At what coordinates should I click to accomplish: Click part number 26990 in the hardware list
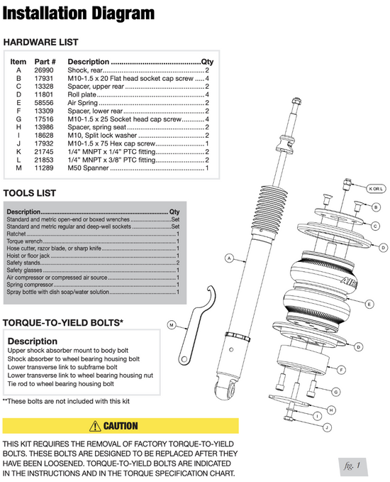coord(43,70)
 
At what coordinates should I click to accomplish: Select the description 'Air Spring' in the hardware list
coord(82,103)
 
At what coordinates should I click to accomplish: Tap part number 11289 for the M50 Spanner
coord(43,168)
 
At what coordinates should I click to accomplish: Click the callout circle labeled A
coord(230,258)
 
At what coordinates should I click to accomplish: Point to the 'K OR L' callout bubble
coord(376,188)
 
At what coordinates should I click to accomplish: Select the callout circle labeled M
coord(172,324)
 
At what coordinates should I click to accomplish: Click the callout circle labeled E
coord(369,304)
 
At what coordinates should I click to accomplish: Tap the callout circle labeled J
coord(328,427)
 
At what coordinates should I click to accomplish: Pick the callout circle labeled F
coord(342,370)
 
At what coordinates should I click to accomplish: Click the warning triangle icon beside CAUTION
coord(95,426)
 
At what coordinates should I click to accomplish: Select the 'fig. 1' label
coord(352,466)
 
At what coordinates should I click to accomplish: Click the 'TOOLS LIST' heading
coord(30,193)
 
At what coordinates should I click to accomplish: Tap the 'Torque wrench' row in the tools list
coord(93,241)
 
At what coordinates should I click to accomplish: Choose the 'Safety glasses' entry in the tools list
coord(93,270)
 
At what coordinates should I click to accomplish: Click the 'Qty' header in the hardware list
coord(207,62)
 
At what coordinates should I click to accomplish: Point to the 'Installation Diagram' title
coord(79,13)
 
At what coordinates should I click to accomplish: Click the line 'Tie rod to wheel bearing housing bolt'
coord(61,383)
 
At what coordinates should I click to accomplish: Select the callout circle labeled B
coord(376,207)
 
